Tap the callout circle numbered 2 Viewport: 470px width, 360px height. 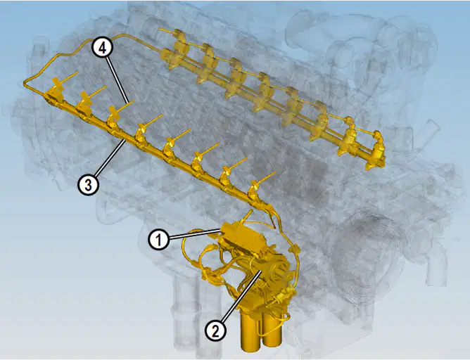coord(215,331)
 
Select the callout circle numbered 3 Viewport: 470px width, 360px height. coord(88,185)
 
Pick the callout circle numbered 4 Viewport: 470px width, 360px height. coord(103,48)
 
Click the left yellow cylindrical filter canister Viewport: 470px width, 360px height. coord(251,332)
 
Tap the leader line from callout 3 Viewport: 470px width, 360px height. coord(110,157)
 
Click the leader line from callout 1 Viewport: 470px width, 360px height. coord(195,234)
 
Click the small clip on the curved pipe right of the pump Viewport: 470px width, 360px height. coord(293,249)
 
